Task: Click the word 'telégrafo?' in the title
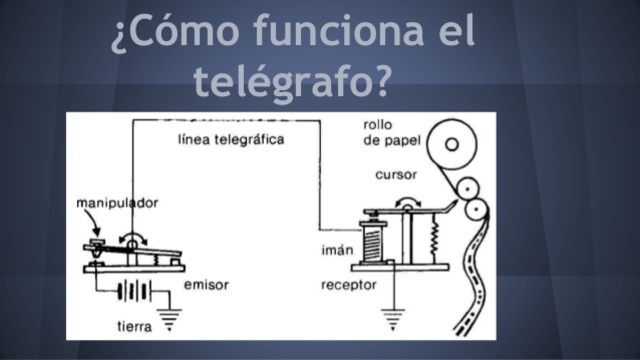[291, 81]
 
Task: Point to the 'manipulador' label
[116, 203]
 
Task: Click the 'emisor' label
[206, 285]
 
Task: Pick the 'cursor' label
[395, 175]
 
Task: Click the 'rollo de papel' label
[387, 132]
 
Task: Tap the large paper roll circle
[451, 144]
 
